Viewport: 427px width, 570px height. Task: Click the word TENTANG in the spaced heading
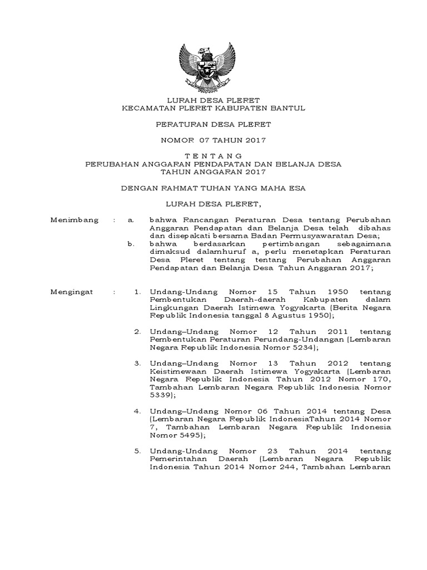pos(213,156)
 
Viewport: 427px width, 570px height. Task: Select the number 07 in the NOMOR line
pos(216,140)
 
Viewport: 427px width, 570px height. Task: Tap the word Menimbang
pos(75,220)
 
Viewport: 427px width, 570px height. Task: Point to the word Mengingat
pos(73,291)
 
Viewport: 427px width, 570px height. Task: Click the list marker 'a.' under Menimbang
pos(131,220)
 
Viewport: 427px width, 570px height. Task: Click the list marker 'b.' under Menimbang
pos(131,244)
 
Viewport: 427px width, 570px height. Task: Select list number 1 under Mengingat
pos(137,291)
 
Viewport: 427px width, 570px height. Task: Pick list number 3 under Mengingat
pos(137,363)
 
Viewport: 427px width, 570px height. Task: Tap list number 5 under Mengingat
pos(137,450)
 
